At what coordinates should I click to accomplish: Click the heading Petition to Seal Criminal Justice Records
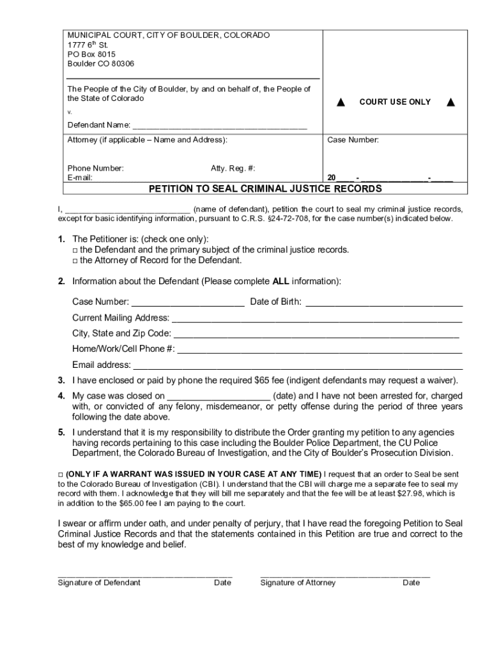[x=265, y=189]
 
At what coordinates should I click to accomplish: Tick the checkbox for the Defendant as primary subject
[x=75, y=250]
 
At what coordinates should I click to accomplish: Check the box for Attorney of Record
[x=75, y=261]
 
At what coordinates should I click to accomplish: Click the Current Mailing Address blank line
[x=316, y=318]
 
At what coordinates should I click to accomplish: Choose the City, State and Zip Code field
[x=316, y=334]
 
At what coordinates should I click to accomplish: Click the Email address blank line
[x=296, y=365]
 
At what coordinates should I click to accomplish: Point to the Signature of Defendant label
[x=99, y=582]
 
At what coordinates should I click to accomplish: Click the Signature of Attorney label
[x=298, y=582]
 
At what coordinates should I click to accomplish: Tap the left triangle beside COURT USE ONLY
[x=341, y=102]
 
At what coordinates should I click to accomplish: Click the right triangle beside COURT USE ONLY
[x=451, y=102]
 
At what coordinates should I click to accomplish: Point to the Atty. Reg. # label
[x=233, y=168]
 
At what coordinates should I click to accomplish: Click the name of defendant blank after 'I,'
[x=128, y=209]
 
